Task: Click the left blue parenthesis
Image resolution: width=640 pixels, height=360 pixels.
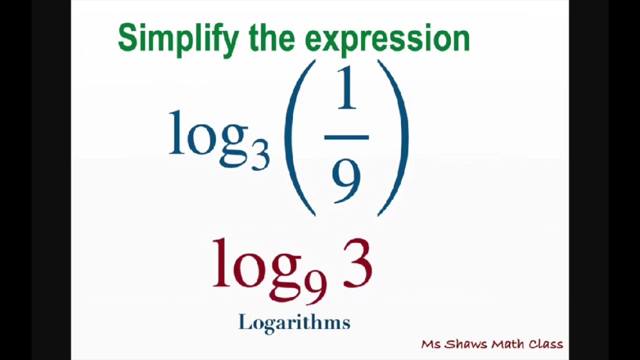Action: pos(298,137)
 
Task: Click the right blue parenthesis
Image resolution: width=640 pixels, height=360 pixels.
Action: pos(394,137)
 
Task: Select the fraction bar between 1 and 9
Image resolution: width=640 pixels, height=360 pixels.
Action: pos(346,137)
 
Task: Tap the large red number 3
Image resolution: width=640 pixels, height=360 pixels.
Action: pos(357,263)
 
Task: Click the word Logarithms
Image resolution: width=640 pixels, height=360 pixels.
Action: pos(294,322)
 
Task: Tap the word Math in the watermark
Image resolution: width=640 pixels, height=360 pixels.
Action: pos(507,344)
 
